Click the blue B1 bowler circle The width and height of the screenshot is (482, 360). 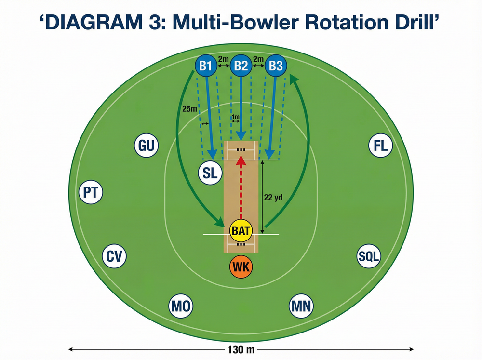click(206, 66)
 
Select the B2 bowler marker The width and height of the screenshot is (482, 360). click(241, 66)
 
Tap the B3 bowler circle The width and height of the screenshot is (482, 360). click(276, 66)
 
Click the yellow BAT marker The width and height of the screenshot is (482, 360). click(241, 230)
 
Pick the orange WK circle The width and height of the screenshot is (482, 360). click(241, 267)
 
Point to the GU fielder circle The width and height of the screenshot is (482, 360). click(147, 146)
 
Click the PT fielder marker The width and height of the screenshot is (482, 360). click(91, 192)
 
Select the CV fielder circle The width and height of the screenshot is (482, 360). click(114, 256)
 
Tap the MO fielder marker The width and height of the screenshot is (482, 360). click(181, 306)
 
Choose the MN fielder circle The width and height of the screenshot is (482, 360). click(301, 306)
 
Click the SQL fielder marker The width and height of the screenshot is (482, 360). click(369, 256)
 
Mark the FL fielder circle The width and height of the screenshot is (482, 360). click(381, 146)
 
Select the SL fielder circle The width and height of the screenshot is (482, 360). click(210, 173)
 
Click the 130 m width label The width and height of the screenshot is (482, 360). click(241, 349)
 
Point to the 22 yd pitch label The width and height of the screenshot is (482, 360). click(273, 198)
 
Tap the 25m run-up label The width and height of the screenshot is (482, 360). click(189, 109)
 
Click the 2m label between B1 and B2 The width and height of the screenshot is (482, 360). click(224, 59)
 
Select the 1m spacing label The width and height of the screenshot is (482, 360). click(236, 117)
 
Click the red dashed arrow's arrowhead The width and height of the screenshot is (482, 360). click(241, 160)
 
